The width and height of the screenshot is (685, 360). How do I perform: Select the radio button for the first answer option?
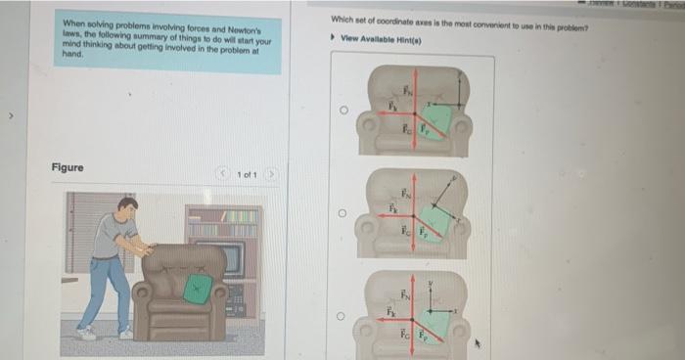(344, 111)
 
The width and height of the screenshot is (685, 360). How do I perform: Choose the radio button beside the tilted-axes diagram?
(344, 212)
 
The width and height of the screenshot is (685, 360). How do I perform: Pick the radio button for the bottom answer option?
(344, 315)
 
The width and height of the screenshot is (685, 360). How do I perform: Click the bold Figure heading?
(68, 168)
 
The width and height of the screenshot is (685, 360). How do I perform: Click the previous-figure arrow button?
(224, 174)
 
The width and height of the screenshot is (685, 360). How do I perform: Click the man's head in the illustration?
(127, 207)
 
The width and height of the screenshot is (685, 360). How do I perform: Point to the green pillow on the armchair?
(199, 288)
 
